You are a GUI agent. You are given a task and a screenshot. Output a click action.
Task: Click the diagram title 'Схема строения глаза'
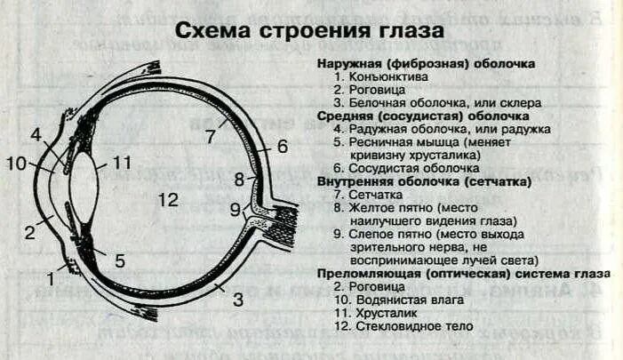tap(308, 31)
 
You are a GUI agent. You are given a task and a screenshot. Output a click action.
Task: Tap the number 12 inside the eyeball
tap(168, 199)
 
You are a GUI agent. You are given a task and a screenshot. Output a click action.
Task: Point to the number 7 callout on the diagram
tap(210, 137)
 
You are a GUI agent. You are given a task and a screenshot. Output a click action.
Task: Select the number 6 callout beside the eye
tap(283, 147)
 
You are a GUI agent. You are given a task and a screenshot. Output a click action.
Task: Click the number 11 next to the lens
tap(122, 164)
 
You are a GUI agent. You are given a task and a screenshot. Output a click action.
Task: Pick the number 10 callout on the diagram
tap(17, 164)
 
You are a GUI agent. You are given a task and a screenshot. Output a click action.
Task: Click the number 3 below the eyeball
tap(237, 300)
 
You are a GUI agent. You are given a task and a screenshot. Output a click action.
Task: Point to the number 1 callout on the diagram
tap(51, 278)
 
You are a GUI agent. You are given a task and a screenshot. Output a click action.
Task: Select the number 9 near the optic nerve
tap(236, 210)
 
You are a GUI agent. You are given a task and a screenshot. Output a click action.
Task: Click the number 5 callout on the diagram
tap(120, 260)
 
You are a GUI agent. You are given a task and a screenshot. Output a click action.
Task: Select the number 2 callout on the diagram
tap(28, 233)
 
